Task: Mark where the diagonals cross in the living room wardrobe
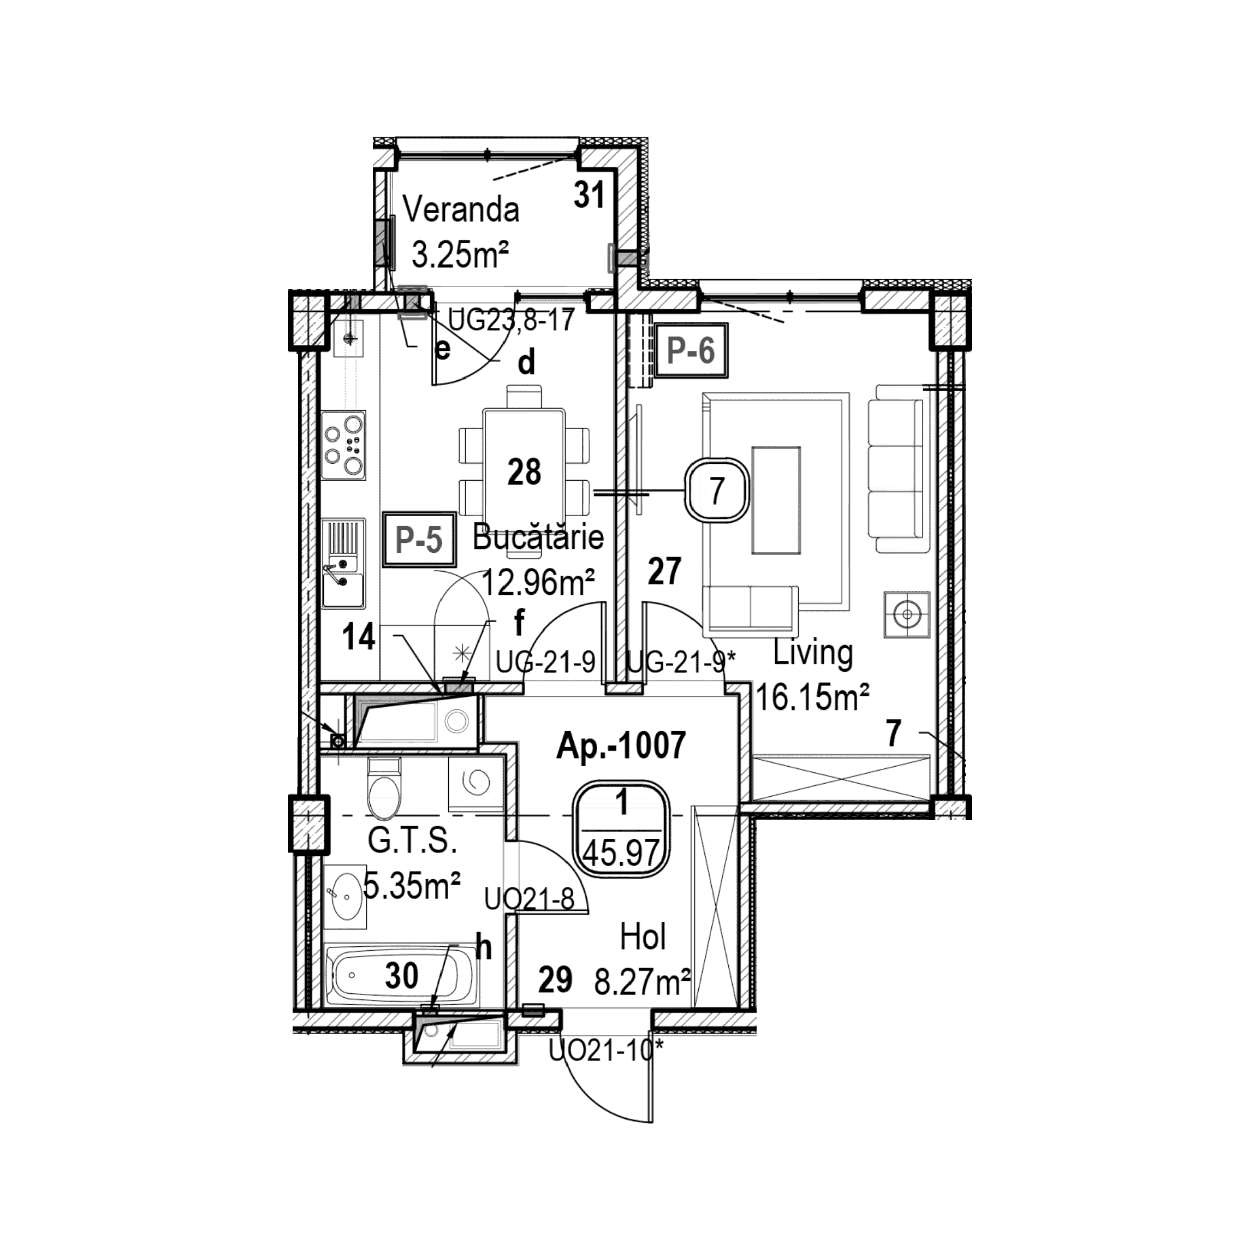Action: pos(841,778)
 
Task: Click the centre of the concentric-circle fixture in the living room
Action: pos(907,614)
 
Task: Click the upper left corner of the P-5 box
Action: pos(384,513)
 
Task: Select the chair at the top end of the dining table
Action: pos(524,397)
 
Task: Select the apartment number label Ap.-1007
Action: pos(621,745)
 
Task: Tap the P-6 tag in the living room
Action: pos(691,350)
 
